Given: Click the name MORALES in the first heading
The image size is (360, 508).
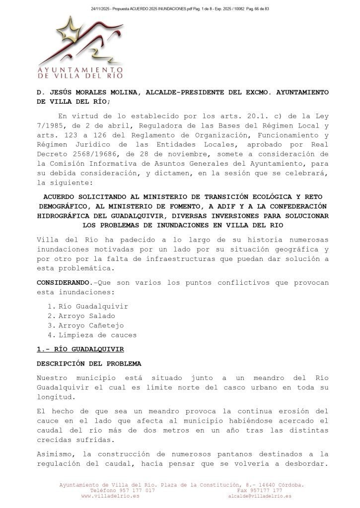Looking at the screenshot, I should click(92, 92).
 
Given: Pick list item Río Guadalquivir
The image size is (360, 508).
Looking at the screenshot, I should click(93, 306).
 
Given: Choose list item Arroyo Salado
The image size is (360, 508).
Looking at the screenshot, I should click(86, 316).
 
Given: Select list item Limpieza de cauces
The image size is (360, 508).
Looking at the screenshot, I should click(97, 335).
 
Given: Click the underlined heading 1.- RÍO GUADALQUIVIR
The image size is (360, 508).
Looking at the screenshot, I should click(80, 349).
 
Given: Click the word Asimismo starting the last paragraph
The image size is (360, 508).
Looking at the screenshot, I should click(55, 454).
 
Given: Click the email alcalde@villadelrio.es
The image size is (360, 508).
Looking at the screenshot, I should click(260, 496).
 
